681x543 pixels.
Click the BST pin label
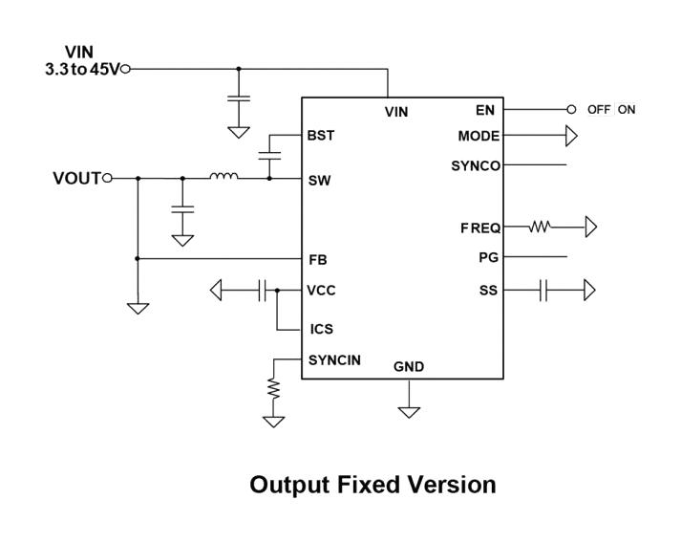321,136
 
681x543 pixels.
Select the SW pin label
319,180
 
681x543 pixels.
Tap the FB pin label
318,259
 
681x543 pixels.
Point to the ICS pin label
322,329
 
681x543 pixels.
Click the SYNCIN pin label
334,360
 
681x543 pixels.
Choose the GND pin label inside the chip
409,367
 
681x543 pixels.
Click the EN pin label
485,110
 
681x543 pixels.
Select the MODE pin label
479,137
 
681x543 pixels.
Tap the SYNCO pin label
476,166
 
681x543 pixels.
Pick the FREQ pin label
479,228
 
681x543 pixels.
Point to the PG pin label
488,258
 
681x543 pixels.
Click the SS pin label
488,291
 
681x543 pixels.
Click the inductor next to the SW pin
223,177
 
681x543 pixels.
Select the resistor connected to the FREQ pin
541,228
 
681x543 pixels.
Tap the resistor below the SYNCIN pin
274,389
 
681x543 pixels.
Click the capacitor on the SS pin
543,291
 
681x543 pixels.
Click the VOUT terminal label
76,178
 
